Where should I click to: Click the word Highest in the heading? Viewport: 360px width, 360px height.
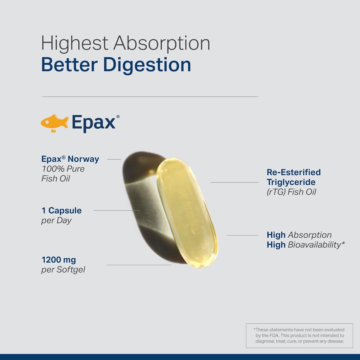75,44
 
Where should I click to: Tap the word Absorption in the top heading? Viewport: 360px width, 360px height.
162,44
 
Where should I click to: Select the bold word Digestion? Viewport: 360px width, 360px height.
147,65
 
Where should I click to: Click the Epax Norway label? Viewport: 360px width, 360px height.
70,159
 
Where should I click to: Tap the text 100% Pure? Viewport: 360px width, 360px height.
63,169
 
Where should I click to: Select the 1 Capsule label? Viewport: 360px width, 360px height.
62,211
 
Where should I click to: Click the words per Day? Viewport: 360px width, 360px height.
57,221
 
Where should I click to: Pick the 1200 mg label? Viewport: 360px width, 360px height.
59,260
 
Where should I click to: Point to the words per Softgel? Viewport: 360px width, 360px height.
63,270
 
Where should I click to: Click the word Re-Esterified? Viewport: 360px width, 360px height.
294,172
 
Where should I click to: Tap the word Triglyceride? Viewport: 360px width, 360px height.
291,182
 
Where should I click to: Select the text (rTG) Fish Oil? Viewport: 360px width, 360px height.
291,192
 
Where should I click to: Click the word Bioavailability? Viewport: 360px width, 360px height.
315,245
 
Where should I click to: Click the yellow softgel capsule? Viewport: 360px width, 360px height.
187,213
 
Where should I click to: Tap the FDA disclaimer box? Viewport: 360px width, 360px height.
300,336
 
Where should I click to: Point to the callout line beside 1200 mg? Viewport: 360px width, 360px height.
139,265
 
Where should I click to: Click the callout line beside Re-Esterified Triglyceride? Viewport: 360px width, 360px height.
234,182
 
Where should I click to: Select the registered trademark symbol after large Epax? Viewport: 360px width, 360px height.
118,117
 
